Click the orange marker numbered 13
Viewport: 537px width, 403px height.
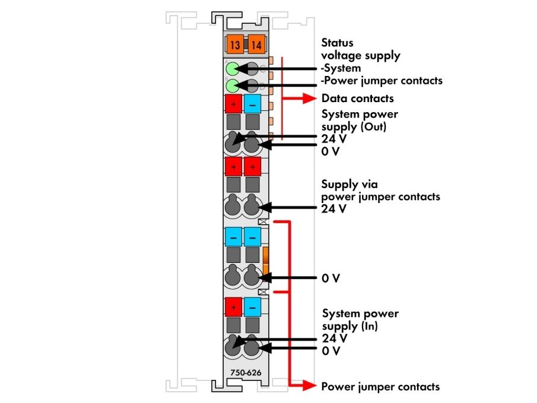click(234, 45)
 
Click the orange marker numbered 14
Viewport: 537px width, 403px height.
click(256, 45)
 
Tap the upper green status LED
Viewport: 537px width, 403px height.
click(233, 68)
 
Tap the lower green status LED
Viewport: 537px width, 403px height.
click(233, 85)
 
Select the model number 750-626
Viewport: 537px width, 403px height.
click(246, 373)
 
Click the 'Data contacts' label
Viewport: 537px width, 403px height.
click(358, 99)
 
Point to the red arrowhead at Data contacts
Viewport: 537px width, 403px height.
click(310, 99)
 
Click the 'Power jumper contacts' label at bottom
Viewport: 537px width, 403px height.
click(380, 386)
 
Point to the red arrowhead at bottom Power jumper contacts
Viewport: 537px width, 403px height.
click(310, 386)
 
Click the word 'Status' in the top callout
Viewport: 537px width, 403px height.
click(337, 43)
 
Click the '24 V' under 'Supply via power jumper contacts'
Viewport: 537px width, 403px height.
click(333, 208)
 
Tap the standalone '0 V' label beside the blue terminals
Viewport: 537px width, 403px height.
click(331, 278)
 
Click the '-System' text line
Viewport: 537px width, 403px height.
click(341, 68)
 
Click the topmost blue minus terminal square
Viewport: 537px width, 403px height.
click(252, 104)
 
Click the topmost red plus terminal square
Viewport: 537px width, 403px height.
click(234, 104)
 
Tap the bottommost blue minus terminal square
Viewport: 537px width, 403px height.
click(252, 307)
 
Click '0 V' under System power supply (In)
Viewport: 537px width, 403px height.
click(331, 351)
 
